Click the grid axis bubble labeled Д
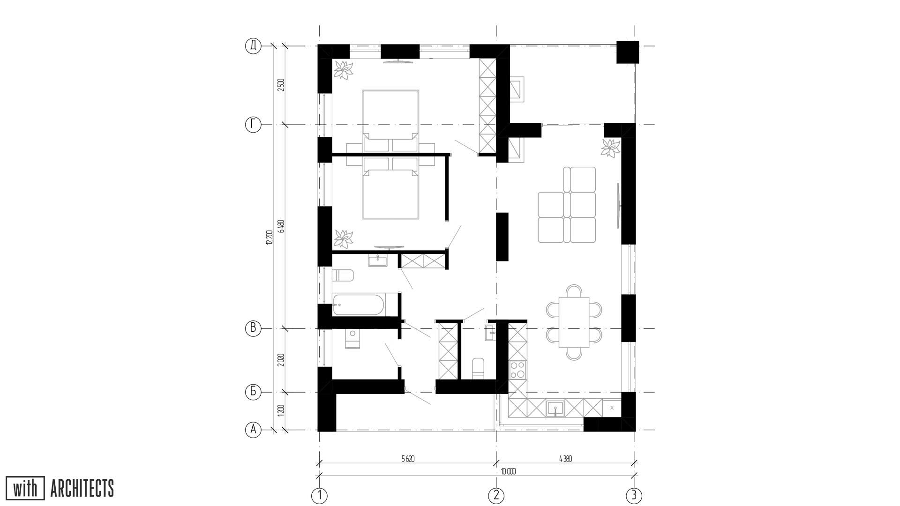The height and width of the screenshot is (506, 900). pos(253,46)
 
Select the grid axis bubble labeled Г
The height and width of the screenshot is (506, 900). pos(253,125)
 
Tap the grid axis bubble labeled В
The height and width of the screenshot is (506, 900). pos(253,328)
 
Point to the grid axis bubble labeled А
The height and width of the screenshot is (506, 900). pos(253,429)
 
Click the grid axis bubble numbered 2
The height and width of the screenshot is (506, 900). pos(496,495)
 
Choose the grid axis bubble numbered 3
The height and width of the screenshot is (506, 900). pos(634,495)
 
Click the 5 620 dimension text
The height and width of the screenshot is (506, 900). pos(407,459)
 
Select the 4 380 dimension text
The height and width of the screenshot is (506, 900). pos(565,459)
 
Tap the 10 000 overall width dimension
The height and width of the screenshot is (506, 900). pos(508,472)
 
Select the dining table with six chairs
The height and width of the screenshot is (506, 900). pos(574,322)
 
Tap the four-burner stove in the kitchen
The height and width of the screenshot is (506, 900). pos(517,370)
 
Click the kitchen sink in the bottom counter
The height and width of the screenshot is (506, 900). pos(556,408)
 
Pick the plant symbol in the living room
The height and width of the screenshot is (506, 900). pos(610,148)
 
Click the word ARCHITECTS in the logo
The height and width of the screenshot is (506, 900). pos(82,489)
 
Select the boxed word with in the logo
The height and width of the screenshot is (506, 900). pos(25,489)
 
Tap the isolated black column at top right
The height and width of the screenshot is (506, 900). pos(627,52)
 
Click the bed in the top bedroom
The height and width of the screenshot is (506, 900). pos(390,114)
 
